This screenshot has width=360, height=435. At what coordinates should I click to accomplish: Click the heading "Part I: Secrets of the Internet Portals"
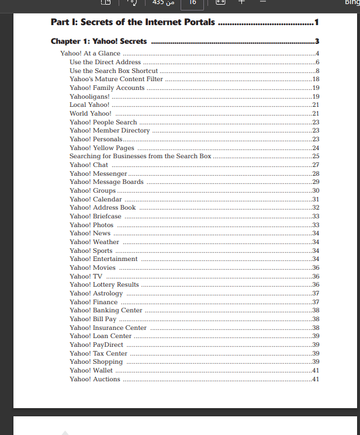[x=133, y=23]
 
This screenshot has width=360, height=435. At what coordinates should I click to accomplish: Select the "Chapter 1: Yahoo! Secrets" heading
[x=99, y=41]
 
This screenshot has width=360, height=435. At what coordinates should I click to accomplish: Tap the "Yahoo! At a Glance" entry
[x=90, y=54]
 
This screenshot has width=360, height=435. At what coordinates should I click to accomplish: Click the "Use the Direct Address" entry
[x=105, y=62]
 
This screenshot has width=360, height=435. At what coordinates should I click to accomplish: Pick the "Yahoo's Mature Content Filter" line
[x=116, y=79]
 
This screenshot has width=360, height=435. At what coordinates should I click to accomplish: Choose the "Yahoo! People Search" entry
[x=103, y=122]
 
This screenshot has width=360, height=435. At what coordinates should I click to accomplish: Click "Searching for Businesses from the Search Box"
[x=140, y=156]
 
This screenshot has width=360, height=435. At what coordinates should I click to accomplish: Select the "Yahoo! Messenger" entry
[x=98, y=173]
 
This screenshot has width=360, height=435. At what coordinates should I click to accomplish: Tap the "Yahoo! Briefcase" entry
[x=95, y=216]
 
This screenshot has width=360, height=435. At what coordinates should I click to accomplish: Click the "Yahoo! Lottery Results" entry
[x=104, y=284]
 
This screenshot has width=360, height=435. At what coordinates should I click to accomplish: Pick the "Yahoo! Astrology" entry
[x=96, y=293]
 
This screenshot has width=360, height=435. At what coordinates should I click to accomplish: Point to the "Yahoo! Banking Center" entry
[x=106, y=310]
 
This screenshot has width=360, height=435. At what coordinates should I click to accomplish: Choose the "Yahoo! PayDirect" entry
[x=96, y=344]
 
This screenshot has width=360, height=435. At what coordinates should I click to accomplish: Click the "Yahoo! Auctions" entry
[x=95, y=379]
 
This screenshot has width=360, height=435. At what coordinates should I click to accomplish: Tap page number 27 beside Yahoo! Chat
[x=316, y=165]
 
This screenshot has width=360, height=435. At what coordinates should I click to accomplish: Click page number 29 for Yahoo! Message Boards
[x=316, y=182]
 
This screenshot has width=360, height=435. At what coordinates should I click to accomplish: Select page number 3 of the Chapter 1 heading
[x=317, y=41]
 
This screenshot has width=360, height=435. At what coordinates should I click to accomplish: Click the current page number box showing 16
[x=192, y=3]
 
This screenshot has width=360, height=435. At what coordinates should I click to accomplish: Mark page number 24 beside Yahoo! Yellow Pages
[x=316, y=148]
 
